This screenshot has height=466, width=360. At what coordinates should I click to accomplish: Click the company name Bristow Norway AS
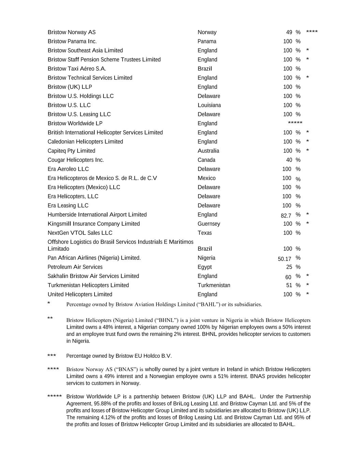point(72,32)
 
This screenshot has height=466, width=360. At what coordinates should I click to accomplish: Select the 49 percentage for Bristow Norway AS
point(289,32)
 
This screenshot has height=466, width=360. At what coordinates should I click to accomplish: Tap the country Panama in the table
point(207,41)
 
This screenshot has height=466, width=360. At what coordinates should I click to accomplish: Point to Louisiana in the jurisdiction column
point(209,105)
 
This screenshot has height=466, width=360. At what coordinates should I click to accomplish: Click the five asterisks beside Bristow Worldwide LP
point(295,123)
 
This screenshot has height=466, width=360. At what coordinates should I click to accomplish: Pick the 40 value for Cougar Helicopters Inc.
point(289,160)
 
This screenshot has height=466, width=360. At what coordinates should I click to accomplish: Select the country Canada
point(206,160)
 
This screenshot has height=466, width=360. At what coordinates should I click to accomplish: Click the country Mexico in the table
point(206,178)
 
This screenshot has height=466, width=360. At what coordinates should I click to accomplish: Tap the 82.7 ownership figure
point(286,215)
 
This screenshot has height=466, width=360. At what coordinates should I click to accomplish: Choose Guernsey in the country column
point(209,224)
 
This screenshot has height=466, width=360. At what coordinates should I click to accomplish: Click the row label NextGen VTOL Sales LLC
point(80,233)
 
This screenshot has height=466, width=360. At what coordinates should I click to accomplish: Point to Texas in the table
point(204,233)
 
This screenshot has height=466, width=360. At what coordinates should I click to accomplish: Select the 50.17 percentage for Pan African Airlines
point(285,259)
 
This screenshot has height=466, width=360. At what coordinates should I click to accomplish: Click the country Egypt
point(204,267)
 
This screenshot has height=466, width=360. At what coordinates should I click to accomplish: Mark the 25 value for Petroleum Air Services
point(289,267)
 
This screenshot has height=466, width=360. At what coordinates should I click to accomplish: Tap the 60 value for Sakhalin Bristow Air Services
point(288,277)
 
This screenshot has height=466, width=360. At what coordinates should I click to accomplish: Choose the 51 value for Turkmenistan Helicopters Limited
point(289,285)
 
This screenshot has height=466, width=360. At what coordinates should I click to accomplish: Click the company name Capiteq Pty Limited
point(71,151)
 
